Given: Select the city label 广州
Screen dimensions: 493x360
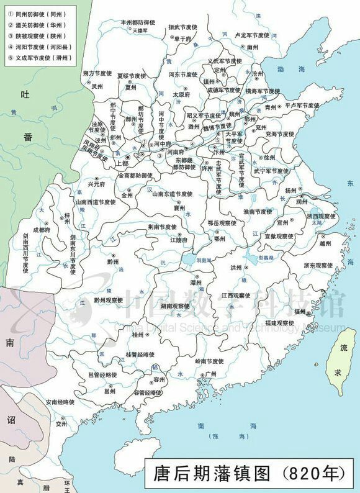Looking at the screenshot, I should (210, 374).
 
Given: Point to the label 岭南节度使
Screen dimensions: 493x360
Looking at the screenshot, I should (209, 361).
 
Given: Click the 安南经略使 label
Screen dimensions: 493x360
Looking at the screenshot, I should (59, 402).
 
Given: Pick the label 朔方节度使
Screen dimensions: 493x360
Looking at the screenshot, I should (97, 73).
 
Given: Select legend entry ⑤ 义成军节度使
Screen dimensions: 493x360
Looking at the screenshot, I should (41, 58).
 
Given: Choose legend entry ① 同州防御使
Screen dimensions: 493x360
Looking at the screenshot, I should (40, 13).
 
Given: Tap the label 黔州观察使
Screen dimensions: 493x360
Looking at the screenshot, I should (109, 299).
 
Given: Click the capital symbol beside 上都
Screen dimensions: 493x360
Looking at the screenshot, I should (127, 158).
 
